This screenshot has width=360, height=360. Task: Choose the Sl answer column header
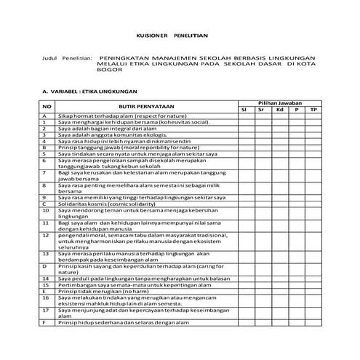tap(245, 110)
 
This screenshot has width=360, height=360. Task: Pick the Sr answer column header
tap(262, 110)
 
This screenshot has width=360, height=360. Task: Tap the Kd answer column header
tap(279, 110)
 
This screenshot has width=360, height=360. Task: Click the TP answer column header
tap(313, 110)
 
